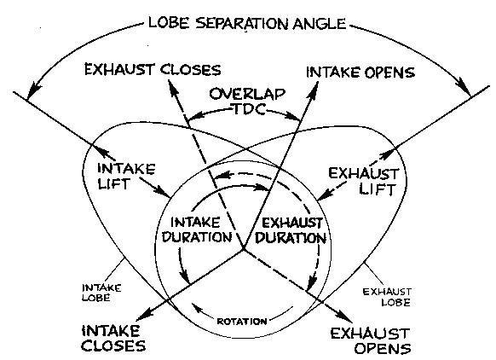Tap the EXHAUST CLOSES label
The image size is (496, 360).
tap(151, 70)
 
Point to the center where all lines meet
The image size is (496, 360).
tap(244, 249)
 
